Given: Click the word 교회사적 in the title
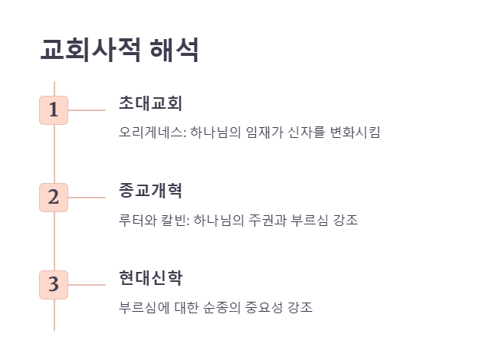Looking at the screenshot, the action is click(90, 51).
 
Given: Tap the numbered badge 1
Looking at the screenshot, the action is click(54, 110).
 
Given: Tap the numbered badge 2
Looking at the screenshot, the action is click(54, 197).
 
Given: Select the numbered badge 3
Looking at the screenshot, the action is click(54, 284).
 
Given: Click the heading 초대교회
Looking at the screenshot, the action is click(150, 103).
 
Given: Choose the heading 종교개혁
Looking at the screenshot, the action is click(150, 190).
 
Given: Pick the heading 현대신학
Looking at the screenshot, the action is click(150, 277).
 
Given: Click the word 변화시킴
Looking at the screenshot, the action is click(355, 132).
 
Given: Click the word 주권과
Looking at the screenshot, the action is click(269, 221).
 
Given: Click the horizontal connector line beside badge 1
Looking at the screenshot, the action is click(87, 110).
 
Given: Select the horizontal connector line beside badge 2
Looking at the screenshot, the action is click(87, 198).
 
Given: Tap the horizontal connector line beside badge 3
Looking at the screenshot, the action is click(87, 285).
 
